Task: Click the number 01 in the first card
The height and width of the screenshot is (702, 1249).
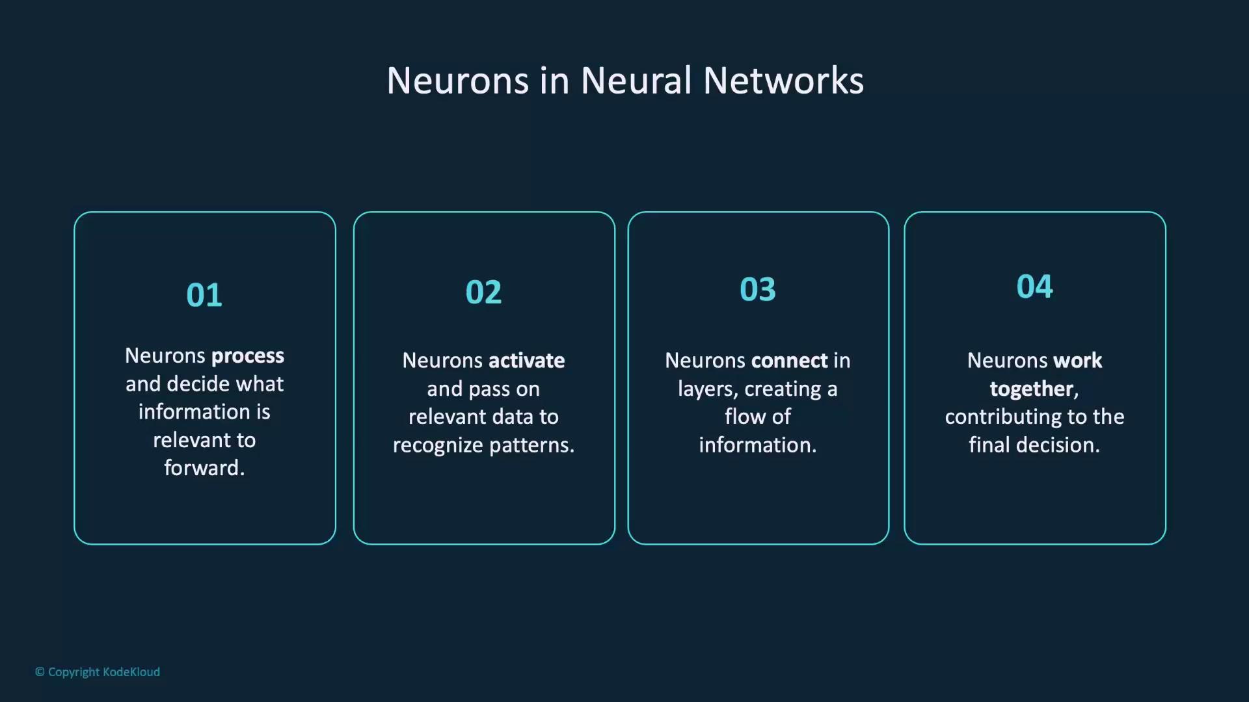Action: pos(204,295)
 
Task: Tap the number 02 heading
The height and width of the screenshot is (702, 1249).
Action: pos(483,292)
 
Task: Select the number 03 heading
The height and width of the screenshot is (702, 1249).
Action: pos(758,289)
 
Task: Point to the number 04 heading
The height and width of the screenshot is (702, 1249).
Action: pos(1034,287)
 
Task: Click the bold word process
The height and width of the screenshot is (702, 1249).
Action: pos(248,356)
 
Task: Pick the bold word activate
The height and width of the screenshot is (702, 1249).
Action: pos(526,361)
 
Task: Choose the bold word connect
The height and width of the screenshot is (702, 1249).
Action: pos(790,361)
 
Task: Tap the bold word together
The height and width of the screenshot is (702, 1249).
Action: pos(1031,389)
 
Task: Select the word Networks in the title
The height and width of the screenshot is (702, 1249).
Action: pos(783,81)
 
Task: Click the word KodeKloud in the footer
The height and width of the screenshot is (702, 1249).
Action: pos(131,672)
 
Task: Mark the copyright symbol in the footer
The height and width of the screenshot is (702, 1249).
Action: pos(40,672)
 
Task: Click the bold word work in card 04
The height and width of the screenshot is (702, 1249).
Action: pos(1077,361)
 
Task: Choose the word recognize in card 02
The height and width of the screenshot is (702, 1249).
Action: pos(438,446)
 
